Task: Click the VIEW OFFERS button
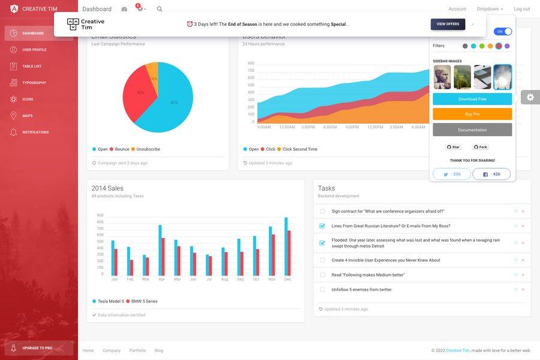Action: point(448,24)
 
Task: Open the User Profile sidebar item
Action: point(34,50)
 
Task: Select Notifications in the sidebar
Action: point(35,132)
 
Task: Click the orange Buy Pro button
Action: point(472,114)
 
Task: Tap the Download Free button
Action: point(472,99)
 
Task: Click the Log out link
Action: point(521,9)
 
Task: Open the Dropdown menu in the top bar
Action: point(490,9)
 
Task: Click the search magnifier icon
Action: point(160,9)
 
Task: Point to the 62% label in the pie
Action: point(174,103)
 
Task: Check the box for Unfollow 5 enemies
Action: point(322,290)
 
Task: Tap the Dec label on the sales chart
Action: point(287,280)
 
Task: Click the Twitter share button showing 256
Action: point(452,174)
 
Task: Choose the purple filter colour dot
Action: point(507,46)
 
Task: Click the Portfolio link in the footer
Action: point(137,350)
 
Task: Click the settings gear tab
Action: point(530,97)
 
